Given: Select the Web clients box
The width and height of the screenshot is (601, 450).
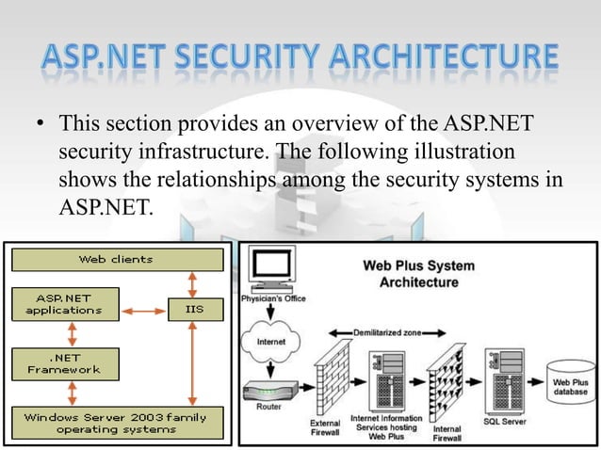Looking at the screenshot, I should [116, 259].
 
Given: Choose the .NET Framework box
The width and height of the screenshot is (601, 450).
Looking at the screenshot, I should [63, 363].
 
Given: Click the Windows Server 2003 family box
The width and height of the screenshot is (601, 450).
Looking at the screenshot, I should [116, 422].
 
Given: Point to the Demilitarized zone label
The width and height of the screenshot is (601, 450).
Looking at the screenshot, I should [389, 332].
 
